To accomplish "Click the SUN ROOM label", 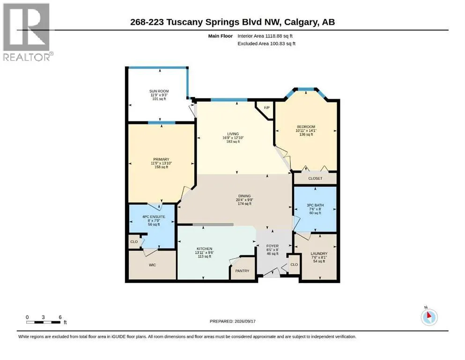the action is click(x=159, y=91).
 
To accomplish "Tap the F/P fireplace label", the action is click(x=266, y=107).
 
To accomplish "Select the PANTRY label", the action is click(x=242, y=270).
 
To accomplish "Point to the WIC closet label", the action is click(x=153, y=265).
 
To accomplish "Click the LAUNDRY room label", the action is click(x=319, y=254).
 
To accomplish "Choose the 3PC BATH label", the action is click(x=315, y=205).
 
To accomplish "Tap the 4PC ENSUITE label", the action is click(x=154, y=217).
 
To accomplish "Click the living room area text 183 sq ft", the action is click(x=233, y=142).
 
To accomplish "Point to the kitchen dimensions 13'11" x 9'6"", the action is click(x=204, y=253).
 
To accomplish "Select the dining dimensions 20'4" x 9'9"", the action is click(x=244, y=200).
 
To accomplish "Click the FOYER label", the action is click(x=273, y=246).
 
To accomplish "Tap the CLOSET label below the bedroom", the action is click(x=315, y=179).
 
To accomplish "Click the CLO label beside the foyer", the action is click(x=294, y=264).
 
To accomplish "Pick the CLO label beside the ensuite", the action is click(x=134, y=241).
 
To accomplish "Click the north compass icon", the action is click(x=429, y=317).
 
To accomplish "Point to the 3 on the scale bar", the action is click(x=43, y=317).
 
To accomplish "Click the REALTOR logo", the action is click(x=28, y=32).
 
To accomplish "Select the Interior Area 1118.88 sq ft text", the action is click(x=265, y=36).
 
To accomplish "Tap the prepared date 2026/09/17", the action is click(x=245, y=321).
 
